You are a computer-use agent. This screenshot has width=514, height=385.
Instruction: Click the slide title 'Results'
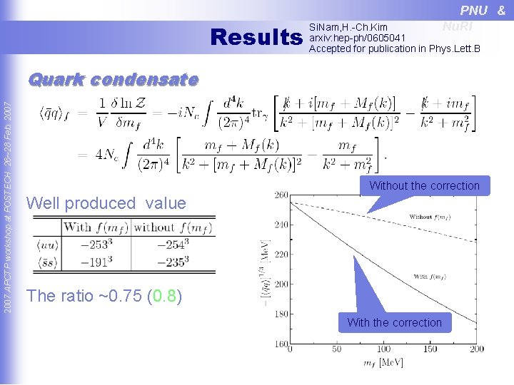tap(258, 37)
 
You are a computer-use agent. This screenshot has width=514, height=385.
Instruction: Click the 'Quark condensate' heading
tap(113, 80)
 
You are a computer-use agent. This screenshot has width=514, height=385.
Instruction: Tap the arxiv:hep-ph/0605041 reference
tap(357, 38)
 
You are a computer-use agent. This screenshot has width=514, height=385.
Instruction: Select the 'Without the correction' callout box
tap(424, 186)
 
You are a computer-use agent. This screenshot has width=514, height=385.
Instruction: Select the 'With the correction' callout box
tap(394, 322)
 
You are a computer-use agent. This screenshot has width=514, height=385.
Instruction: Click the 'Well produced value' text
tap(106, 203)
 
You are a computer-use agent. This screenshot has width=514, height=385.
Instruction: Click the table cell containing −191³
tap(96, 262)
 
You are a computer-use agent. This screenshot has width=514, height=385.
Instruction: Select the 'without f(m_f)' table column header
tap(173, 228)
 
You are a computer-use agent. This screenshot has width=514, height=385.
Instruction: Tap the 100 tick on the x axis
tap(383, 349)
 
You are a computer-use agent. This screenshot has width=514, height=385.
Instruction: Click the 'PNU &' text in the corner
tap(483, 10)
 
